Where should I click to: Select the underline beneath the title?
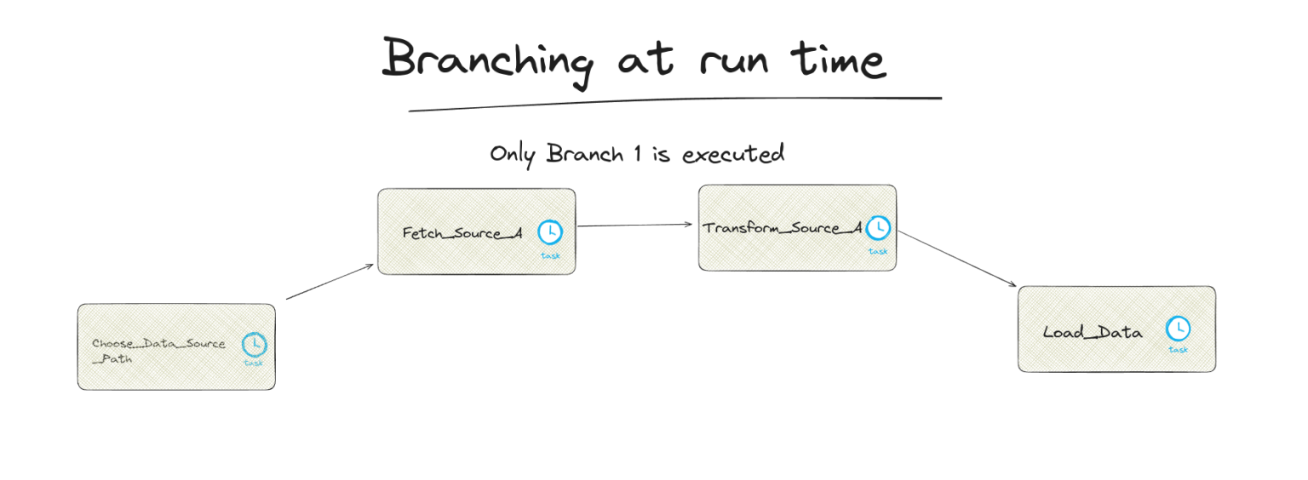click(x=674, y=103)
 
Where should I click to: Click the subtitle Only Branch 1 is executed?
click(x=636, y=154)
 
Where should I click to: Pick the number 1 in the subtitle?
click(x=636, y=154)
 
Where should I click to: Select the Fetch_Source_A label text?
click(x=462, y=233)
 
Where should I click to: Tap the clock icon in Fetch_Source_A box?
click(x=550, y=231)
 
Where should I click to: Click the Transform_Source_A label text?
click(x=782, y=228)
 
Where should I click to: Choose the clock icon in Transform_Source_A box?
click(x=878, y=227)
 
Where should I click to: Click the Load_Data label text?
click(x=1093, y=333)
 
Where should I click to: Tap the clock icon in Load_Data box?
click(x=1178, y=328)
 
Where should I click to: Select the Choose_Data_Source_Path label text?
click(x=158, y=351)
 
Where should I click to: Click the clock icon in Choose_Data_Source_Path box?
click(x=254, y=344)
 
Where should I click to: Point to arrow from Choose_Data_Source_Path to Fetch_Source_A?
click(x=330, y=282)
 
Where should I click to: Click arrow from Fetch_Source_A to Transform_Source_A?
click(x=635, y=226)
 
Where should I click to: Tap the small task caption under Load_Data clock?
click(x=1178, y=349)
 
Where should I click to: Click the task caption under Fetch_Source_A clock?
click(x=550, y=254)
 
